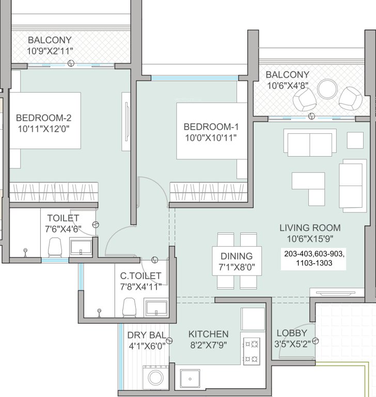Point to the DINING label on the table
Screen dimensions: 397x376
(x=237, y=256)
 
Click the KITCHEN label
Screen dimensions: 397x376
(x=208, y=334)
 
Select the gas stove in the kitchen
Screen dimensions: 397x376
(x=252, y=351)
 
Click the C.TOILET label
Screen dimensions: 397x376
(x=140, y=276)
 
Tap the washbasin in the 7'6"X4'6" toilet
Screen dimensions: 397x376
(x=81, y=248)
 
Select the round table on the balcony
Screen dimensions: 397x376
(x=327, y=88)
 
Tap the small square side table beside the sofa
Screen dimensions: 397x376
(x=355, y=140)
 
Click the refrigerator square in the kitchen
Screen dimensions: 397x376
(x=253, y=319)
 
